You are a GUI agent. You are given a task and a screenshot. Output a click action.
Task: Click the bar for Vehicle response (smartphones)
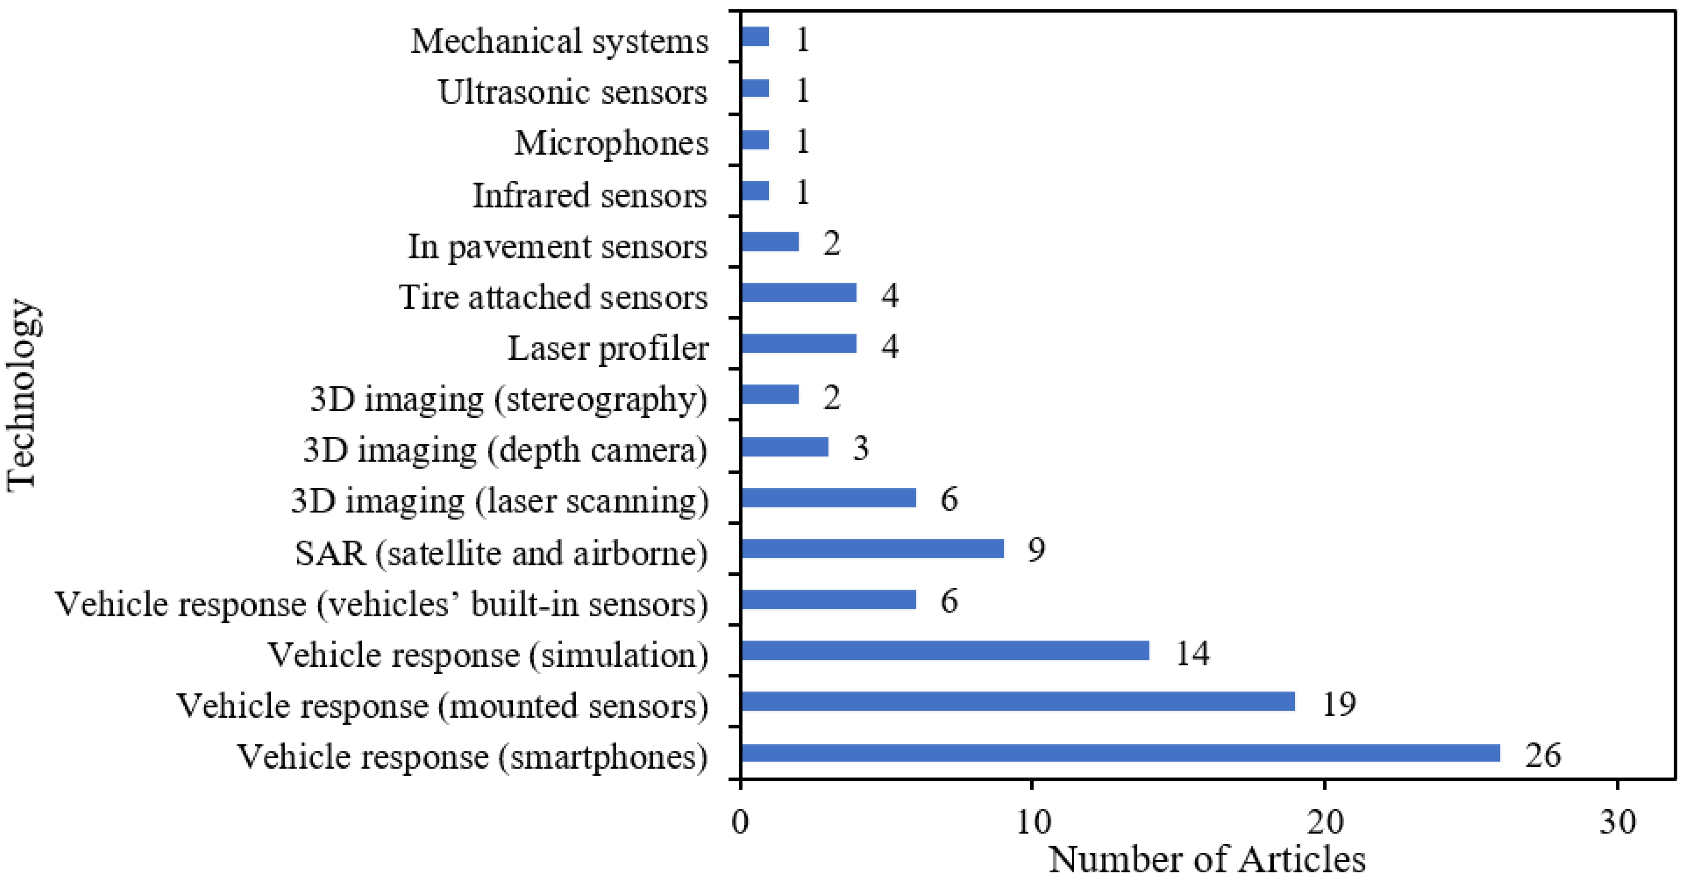point(1120,753)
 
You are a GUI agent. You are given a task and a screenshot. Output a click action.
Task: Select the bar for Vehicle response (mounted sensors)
point(1017,701)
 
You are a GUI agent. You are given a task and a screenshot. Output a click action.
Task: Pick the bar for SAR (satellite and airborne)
point(872,548)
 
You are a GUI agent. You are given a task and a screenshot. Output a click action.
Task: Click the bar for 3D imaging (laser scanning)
point(828,498)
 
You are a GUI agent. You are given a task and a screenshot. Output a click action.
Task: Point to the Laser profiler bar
point(799,344)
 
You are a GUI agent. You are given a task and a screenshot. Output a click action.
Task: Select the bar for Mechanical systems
point(755,37)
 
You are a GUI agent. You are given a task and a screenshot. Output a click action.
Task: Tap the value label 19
point(1338,704)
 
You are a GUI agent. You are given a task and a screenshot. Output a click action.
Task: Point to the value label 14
point(1192,653)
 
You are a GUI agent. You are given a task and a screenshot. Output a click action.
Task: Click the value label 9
point(1036,549)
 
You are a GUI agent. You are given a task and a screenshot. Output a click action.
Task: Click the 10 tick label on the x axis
point(1033,822)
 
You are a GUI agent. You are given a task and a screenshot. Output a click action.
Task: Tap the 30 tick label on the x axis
point(1617,822)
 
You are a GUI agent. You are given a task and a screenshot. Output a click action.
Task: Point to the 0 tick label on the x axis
point(740,822)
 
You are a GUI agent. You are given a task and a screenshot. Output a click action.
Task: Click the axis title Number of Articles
point(1207,859)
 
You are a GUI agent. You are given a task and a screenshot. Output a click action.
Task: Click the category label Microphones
point(611,143)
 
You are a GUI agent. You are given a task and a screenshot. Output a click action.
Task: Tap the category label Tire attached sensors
point(553,297)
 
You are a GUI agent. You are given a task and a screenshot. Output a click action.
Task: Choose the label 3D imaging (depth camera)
point(505,450)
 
